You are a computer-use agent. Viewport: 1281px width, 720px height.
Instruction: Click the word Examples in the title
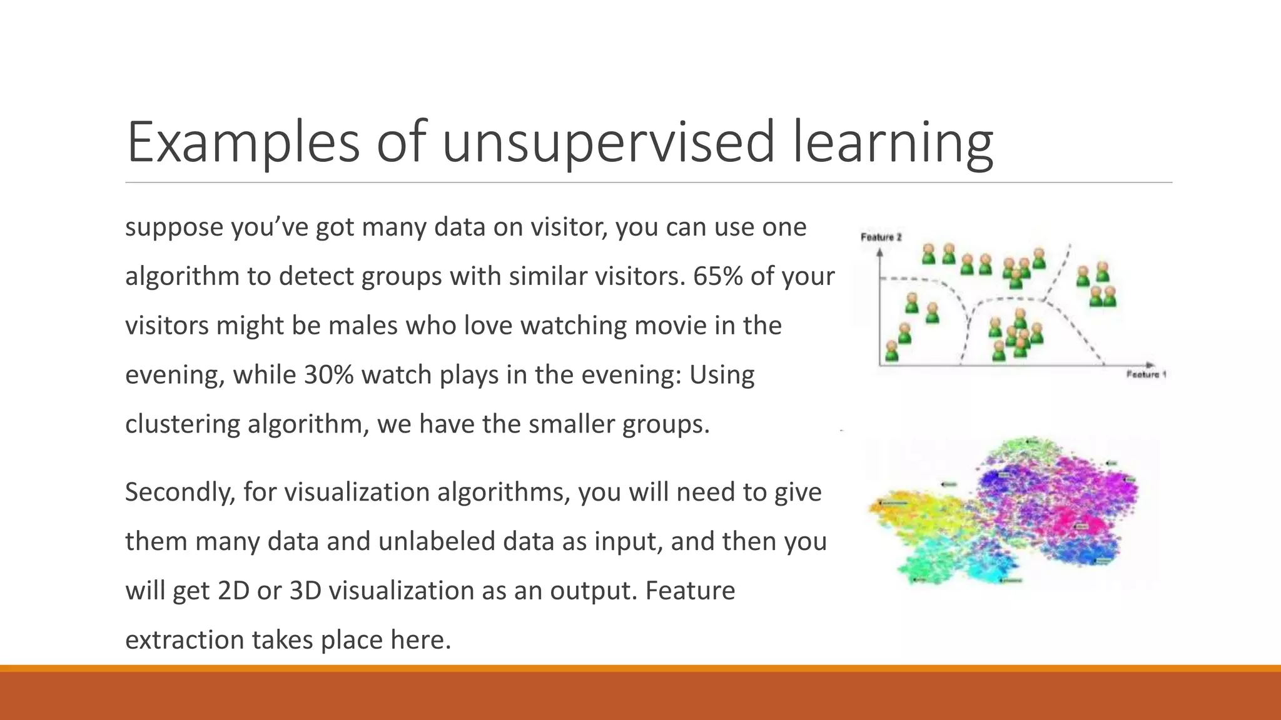243,142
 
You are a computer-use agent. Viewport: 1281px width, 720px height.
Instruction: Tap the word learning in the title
893,142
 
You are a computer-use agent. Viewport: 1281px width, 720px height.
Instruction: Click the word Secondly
180,492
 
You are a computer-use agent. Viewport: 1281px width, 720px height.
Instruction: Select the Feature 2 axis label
881,237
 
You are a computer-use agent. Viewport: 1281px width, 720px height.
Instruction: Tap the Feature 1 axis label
1146,375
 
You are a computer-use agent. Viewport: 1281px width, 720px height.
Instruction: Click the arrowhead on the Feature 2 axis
879,252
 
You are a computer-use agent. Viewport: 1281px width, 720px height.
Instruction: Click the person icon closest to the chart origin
892,351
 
